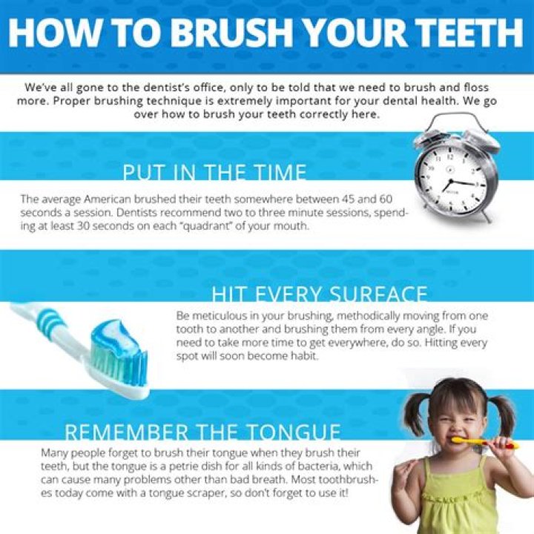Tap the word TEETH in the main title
[459, 33]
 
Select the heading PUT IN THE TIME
[214, 174]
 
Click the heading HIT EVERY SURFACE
[320, 294]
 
